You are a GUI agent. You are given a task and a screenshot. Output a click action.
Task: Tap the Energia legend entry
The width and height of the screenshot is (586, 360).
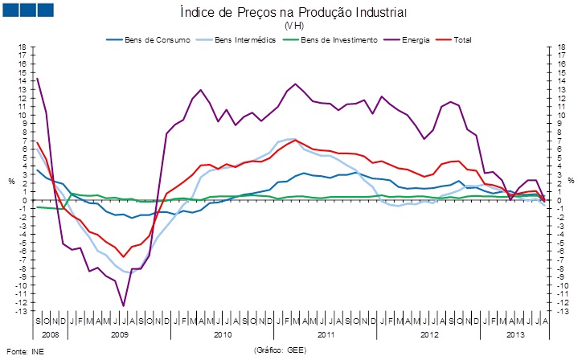click(x=416, y=39)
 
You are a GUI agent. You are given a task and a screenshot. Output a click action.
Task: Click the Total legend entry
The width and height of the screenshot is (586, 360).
click(x=461, y=39)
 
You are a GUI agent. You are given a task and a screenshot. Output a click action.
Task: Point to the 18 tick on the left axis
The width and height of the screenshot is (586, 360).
click(x=23, y=47)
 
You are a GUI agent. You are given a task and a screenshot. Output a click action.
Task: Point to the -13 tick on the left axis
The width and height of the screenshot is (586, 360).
click(x=22, y=311)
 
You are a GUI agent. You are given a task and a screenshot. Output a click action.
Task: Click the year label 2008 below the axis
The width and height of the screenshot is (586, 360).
click(x=50, y=333)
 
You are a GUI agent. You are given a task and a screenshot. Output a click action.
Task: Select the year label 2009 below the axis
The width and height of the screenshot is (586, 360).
click(x=120, y=333)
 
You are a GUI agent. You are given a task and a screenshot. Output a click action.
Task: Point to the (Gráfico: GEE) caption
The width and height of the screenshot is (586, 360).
click(x=281, y=350)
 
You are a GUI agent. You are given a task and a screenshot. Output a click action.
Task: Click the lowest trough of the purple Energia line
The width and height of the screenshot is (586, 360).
click(x=123, y=305)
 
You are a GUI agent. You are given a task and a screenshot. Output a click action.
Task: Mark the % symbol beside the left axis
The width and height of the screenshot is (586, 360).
click(x=11, y=180)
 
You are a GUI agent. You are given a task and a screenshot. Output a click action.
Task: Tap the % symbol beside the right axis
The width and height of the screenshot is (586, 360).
click(x=573, y=180)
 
